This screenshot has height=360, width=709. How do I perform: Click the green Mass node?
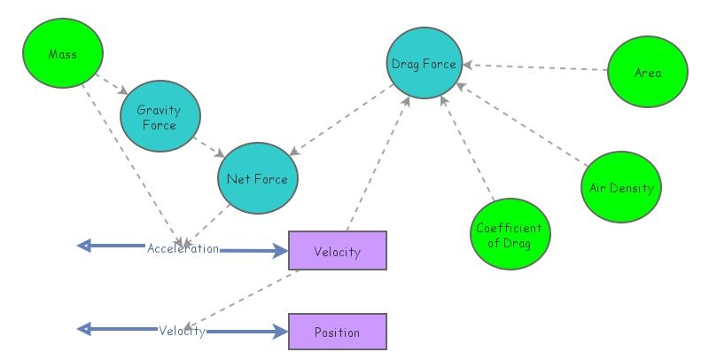coord(62,54)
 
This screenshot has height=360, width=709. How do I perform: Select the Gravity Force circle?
coord(160,118)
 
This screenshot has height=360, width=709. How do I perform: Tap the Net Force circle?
coord(257,179)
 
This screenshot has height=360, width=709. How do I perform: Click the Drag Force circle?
coord(424,64)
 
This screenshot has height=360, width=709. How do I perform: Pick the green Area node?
coord(648,73)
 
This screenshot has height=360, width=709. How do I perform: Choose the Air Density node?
coord(621,188)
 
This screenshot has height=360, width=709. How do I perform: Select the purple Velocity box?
coord(338,251)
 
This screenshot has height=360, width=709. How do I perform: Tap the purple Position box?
coord(338,332)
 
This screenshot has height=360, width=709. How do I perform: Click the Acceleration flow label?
coord(183,248)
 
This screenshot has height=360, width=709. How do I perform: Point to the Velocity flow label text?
coord(183,331)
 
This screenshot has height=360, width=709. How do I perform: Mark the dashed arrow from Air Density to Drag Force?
coord(523,123)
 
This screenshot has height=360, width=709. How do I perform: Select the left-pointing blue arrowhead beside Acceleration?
coord(85,246)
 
